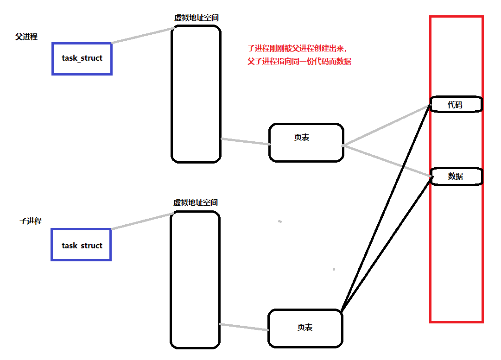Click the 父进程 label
point(26,37)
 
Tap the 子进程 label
point(31,221)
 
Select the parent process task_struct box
point(82,59)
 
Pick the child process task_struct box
point(82,245)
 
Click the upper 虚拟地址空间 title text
point(196,18)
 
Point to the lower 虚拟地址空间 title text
point(196,203)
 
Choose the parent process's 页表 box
point(306,143)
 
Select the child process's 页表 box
point(305,328)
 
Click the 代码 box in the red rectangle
point(456,105)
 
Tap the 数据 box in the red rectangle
point(457,177)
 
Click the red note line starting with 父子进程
point(299,61)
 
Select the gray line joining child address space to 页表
point(244,327)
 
